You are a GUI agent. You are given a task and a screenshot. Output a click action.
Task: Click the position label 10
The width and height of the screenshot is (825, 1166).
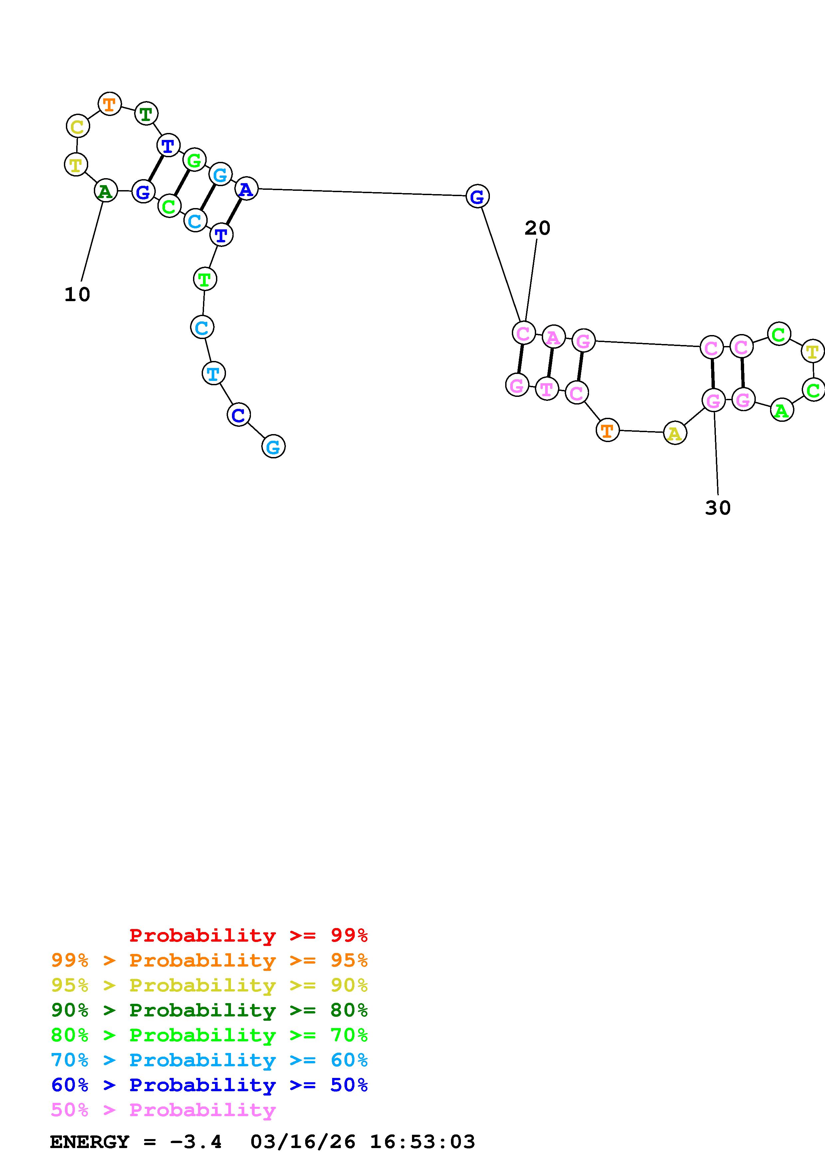[77, 294]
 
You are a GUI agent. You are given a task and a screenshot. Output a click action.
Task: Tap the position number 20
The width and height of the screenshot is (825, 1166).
[537, 228]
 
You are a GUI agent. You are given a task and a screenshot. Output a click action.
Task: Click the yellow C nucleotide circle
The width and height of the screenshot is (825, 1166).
[78, 126]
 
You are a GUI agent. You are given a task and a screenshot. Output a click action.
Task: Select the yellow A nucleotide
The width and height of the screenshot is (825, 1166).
[675, 433]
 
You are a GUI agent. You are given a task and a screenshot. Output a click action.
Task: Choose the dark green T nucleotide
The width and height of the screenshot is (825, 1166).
[146, 113]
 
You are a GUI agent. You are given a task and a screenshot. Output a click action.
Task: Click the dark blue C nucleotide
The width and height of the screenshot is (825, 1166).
[238, 415]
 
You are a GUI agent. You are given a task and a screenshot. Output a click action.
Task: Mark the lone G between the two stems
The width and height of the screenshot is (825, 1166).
[477, 196]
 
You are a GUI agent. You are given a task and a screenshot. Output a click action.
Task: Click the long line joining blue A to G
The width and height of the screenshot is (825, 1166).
[361, 192]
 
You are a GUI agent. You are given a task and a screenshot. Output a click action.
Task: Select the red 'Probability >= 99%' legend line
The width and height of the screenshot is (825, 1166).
[249, 935]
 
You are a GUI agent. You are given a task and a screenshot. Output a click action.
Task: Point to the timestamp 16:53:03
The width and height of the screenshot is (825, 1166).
[422, 1142]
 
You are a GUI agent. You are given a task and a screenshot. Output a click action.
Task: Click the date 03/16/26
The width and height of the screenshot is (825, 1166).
[303, 1142]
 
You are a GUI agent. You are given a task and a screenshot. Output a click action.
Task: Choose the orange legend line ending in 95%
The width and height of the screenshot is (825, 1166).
[209, 960]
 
